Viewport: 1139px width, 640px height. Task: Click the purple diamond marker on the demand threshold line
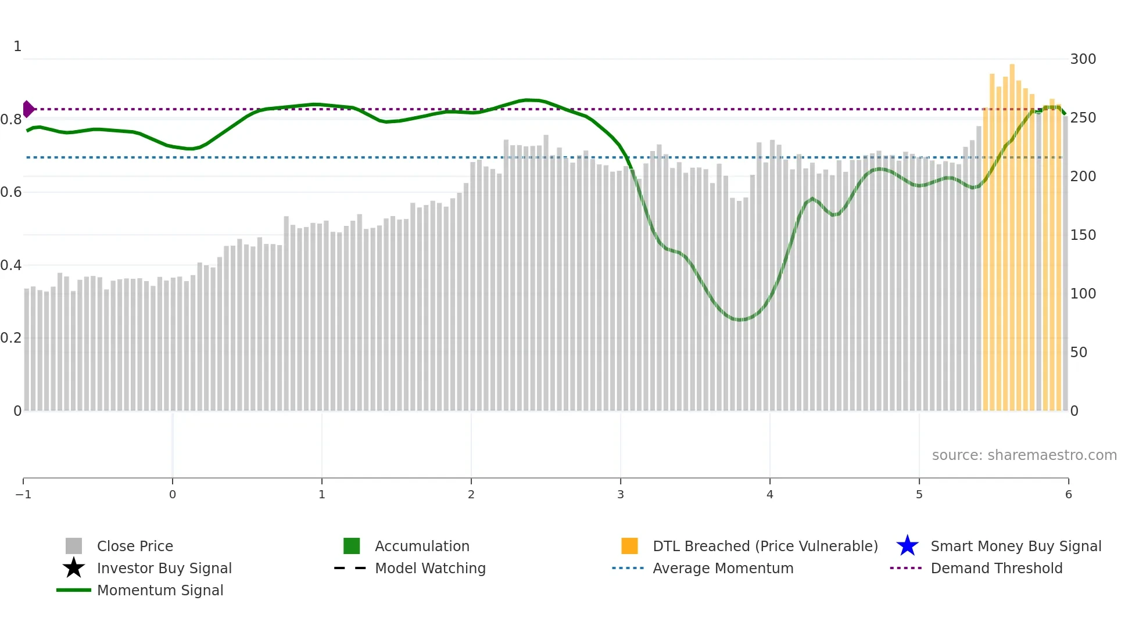click(x=28, y=109)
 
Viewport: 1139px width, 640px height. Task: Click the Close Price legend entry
click(x=134, y=546)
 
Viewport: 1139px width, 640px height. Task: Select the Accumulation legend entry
click(x=421, y=546)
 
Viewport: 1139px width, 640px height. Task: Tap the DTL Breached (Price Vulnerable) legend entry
click(x=765, y=546)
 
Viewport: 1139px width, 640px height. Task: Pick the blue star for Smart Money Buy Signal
click(x=907, y=546)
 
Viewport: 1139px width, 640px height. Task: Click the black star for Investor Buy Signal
click(x=74, y=568)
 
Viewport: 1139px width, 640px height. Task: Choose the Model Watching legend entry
click(x=429, y=568)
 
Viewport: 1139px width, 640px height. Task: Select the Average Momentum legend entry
click(x=722, y=568)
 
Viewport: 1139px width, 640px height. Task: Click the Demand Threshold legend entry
click(x=996, y=568)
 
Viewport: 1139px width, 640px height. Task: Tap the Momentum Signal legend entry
click(x=160, y=590)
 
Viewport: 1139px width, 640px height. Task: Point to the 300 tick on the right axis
click(x=1083, y=59)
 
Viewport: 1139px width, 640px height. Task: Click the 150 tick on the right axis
click(x=1083, y=235)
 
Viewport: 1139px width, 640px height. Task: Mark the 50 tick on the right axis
click(x=1079, y=353)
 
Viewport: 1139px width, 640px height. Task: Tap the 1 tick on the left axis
click(x=17, y=46)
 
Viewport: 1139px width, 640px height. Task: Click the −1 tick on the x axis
click(x=23, y=494)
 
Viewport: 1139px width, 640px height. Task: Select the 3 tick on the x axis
click(x=621, y=494)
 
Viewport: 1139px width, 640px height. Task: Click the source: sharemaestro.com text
click(x=1024, y=455)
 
